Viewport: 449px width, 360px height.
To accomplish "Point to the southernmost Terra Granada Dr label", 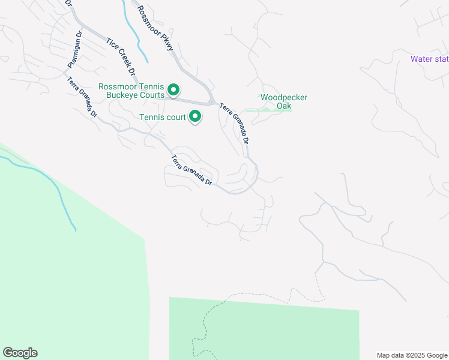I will coord(192,170).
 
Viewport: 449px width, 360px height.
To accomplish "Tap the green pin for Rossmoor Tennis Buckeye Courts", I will coord(173,90).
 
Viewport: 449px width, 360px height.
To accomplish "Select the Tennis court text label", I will coord(162,118).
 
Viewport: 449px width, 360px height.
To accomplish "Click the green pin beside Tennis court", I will coord(194,116).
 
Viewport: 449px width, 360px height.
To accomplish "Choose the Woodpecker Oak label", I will coord(283,101).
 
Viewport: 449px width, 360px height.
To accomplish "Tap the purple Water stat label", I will coord(429,59).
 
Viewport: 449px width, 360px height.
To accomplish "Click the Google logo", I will coord(20,353).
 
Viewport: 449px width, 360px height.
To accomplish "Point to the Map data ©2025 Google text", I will coord(411,355).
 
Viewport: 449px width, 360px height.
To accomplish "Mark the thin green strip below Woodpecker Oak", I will coord(270,110).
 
